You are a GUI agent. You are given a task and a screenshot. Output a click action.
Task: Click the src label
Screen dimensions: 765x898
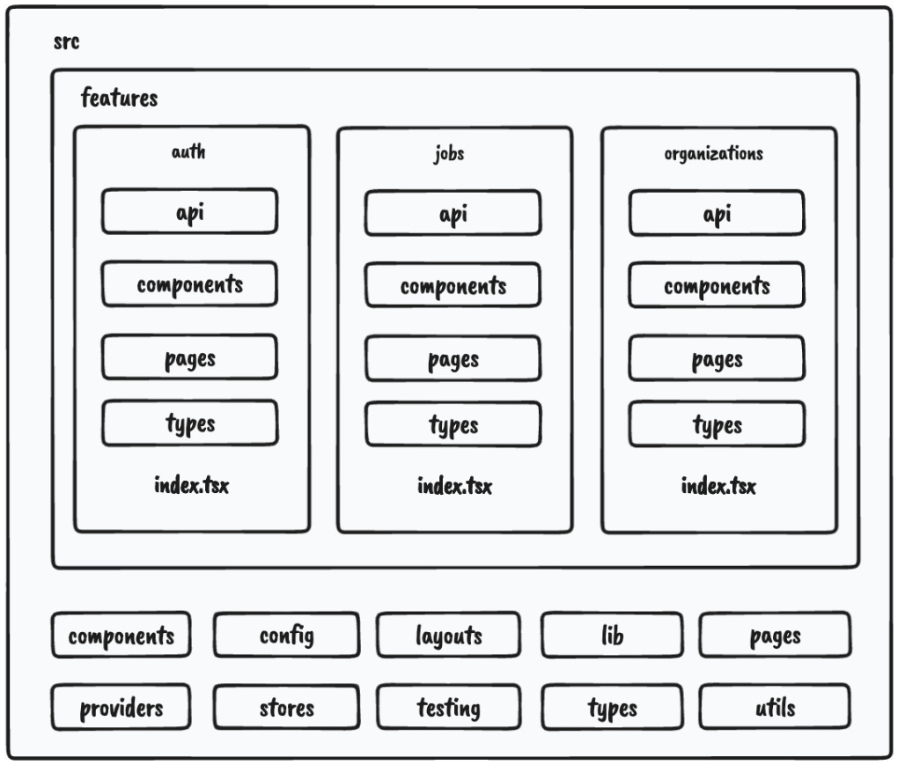[x=67, y=42]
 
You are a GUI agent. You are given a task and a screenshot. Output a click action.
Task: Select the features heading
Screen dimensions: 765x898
[x=119, y=98]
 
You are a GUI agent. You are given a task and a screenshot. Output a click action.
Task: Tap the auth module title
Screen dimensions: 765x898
[x=188, y=152]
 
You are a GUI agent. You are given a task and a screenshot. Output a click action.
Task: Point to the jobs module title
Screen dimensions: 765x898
[x=449, y=154]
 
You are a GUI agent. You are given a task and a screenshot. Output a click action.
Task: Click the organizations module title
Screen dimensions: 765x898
[x=713, y=154]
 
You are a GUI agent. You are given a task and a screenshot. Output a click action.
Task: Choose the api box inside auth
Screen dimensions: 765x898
[x=189, y=211]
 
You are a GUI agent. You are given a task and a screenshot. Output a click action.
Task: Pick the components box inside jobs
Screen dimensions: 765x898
[x=453, y=286]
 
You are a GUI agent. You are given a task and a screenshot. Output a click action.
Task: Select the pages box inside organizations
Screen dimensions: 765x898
[x=717, y=358]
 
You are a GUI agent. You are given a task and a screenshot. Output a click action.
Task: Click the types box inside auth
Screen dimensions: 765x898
[x=189, y=423]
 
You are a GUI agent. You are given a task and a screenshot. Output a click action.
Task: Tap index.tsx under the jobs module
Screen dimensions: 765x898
[x=454, y=486]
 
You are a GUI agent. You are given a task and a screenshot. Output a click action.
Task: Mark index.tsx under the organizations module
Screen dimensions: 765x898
[x=718, y=486]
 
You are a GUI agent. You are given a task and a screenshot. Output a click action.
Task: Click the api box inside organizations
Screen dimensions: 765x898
[x=717, y=213]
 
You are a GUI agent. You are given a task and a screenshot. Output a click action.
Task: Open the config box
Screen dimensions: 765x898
[x=286, y=636]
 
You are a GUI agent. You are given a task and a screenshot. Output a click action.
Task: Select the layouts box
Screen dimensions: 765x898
[x=448, y=636]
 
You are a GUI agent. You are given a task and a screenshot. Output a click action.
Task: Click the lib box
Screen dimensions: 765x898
[x=611, y=636]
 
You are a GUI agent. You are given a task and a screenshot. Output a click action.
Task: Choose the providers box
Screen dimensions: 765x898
[x=121, y=708]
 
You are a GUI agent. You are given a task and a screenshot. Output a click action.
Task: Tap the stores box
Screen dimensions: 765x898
[x=286, y=708]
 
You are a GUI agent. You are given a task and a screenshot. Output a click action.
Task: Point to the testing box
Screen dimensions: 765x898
[x=448, y=708]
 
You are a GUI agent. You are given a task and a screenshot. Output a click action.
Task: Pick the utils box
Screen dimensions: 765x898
[x=775, y=707]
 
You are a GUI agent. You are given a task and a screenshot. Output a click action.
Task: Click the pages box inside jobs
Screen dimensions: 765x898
[x=453, y=358]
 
